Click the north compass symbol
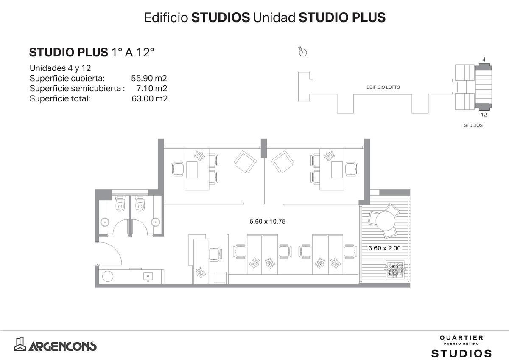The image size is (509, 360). (x=303, y=52)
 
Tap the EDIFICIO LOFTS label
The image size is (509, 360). (x=383, y=87)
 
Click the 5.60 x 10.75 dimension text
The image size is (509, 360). (x=268, y=221)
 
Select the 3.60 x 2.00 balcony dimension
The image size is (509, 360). (x=384, y=248)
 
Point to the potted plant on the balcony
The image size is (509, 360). (x=395, y=270)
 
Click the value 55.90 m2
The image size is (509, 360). (x=149, y=78)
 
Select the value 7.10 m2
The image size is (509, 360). (x=151, y=88)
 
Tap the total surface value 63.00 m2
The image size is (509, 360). (x=149, y=98)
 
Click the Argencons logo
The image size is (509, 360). (x=55, y=344)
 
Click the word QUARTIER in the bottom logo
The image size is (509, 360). (x=461, y=338)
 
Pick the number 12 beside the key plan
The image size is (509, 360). (x=484, y=115)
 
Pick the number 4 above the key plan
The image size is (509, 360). (x=484, y=59)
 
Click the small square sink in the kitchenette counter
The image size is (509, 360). (x=148, y=276)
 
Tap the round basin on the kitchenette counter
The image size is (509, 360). (x=108, y=276)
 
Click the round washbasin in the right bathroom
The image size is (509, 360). (x=155, y=222)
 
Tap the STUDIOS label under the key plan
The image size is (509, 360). (x=473, y=125)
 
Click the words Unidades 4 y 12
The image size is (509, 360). (x=60, y=68)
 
